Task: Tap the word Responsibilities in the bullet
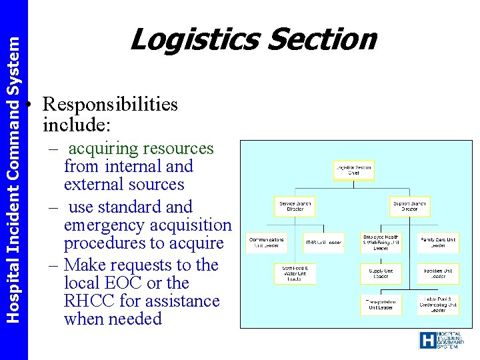coord(110,105)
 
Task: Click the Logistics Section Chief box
coord(353,171)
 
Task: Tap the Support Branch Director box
coord(410,205)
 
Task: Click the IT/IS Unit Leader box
coord(324,242)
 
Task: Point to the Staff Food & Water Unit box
coord(295,274)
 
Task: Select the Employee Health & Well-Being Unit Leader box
coord(381,242)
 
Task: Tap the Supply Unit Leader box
coord(381,274)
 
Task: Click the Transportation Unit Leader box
coord(381,304)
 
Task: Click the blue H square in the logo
coord(427,341)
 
